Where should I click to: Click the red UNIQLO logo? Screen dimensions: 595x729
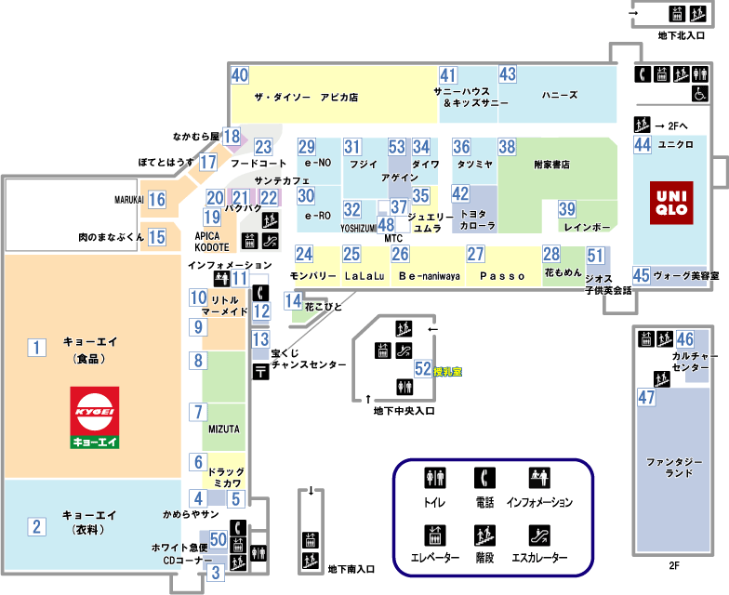click(x=669, y=205)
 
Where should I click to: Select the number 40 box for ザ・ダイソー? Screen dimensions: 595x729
click(x=240, y=76)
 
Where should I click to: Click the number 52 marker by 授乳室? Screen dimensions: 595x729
click(x=423, y=369)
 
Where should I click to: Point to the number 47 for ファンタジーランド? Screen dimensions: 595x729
click(x=646, y=397)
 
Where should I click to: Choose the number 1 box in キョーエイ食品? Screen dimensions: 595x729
click(x=36, y=348)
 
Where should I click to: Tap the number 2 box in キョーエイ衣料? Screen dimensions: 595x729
click(x=36, y=527)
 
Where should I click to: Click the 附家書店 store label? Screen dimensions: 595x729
click(x=551, y=165)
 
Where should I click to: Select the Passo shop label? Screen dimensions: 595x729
click(x=504, y=276)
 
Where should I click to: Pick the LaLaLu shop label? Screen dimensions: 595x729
click(x=364, y=276)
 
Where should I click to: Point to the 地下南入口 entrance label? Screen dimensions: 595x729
click(x=351, y=569)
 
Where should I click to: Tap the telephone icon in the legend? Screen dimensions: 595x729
click(x=484, y=478)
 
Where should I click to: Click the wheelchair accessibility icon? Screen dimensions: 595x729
click(x=698, y=93)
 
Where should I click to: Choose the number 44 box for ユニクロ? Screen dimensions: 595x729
click(x=642, y=144)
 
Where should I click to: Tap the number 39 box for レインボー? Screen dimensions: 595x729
click(x=566, y=209)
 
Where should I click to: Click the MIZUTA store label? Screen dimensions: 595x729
click(x=224, y=430)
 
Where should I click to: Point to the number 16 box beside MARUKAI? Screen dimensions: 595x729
click(x=157, y=199)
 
